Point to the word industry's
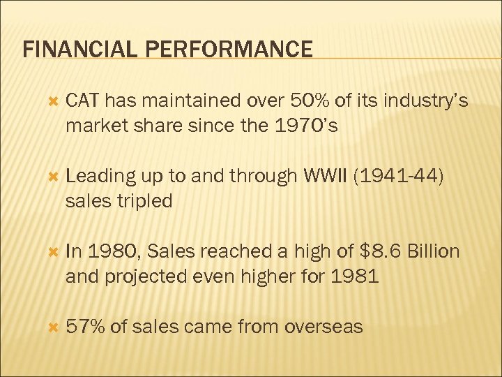[425, 102]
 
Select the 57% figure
[84, 326]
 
